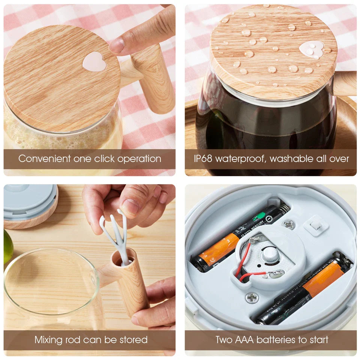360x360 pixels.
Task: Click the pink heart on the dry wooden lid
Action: (x=94, y=61)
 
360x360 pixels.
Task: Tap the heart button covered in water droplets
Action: (x=312, y=49)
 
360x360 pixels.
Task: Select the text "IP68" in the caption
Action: (x=203, y=159)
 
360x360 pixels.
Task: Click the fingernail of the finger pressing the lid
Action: (x=117, y=46)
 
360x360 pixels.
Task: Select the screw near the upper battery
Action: (x=289, y=224)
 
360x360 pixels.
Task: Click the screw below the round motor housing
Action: (x=252, y=298)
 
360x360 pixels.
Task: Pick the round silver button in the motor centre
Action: (x=270, y=255)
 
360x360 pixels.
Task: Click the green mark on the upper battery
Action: (x=259, y=217)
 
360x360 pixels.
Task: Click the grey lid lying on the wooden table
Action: (x=30, y=202)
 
